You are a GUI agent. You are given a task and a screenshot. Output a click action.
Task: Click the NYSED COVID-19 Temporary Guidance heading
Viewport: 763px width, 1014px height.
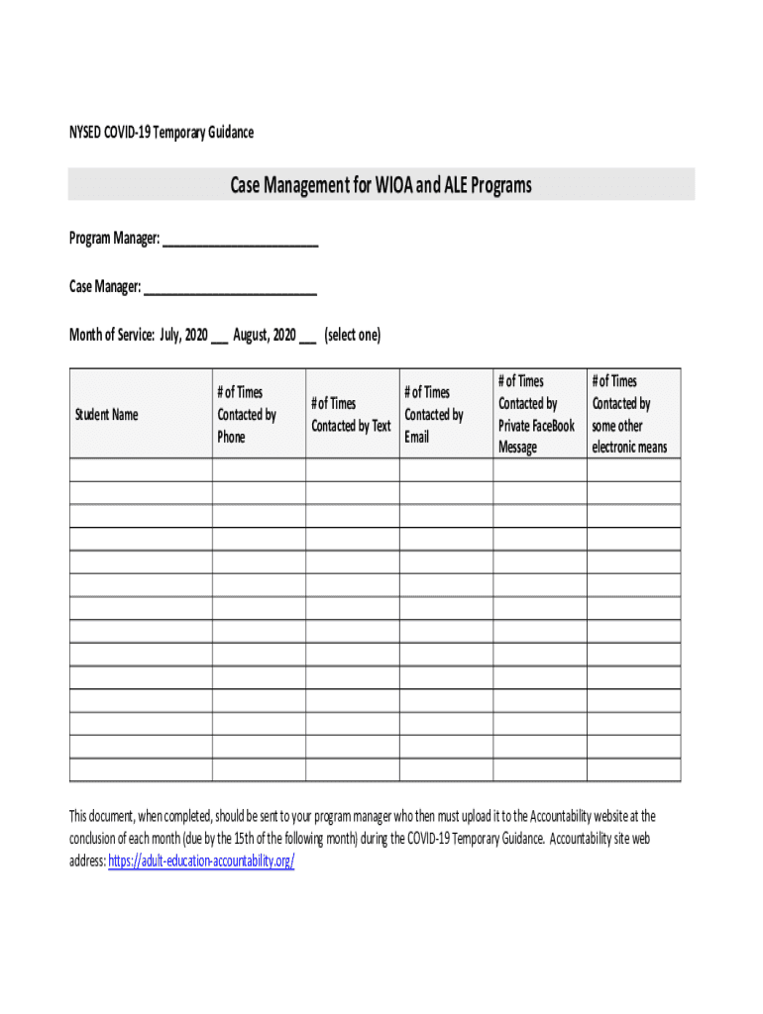161,132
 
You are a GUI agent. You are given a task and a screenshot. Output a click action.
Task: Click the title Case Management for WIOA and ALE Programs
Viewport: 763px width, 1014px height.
381,185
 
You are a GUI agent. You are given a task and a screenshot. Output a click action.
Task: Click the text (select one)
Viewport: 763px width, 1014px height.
352,335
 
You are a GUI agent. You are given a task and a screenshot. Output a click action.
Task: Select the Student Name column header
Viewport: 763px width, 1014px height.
106,414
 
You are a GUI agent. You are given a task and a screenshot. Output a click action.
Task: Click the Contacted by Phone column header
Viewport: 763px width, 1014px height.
247,414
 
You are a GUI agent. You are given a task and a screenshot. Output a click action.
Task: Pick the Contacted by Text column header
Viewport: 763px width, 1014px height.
351,414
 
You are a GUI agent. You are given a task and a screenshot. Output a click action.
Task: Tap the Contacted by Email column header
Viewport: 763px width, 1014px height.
433,414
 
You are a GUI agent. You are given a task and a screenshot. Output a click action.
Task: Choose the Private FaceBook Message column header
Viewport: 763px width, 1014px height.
536,414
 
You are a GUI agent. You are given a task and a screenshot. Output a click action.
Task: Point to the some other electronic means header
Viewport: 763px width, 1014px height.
629,414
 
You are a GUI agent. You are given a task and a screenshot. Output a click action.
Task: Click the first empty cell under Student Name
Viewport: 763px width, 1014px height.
141,470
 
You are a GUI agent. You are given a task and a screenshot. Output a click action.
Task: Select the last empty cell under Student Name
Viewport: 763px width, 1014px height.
141,770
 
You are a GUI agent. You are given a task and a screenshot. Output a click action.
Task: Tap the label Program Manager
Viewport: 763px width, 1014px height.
113,240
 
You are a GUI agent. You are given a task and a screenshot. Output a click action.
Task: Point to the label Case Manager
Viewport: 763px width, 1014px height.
104,287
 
